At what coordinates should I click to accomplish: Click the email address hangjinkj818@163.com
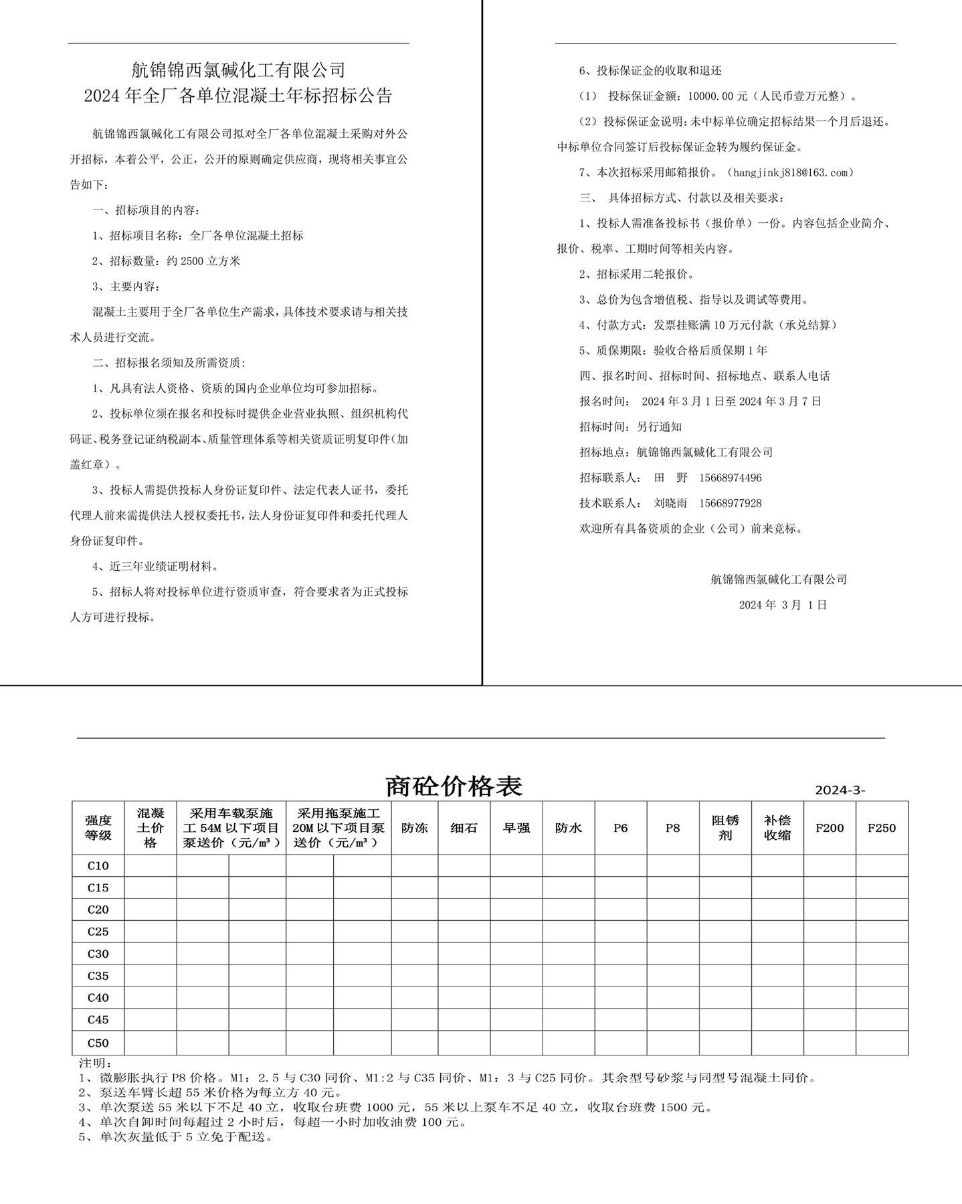(793, 173)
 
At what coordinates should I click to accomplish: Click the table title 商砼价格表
(454, 786)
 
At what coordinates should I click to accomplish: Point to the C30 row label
(98, 954)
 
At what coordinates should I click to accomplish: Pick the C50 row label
(98, 1043)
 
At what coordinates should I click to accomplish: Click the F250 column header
(881, 828)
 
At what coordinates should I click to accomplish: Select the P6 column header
(620, 828)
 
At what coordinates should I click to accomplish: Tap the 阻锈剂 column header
(725, 828)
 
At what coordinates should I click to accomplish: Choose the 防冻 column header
(414, 828)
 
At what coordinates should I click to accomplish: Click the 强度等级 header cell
(98, 828)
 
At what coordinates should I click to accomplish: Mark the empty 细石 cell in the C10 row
(464, 865)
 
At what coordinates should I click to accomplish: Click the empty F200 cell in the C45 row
(829, 1020)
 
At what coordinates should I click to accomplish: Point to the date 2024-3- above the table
(840, 790)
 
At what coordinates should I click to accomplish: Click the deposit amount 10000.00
(706, 96)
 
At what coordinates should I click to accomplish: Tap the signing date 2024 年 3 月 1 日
(783, 605)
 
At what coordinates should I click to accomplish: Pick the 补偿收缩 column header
(777, 828)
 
